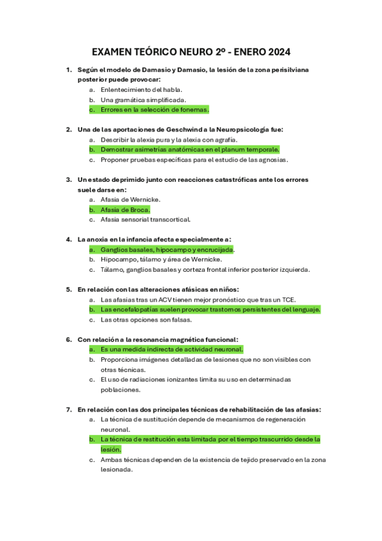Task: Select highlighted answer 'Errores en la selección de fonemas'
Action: pos(154,109)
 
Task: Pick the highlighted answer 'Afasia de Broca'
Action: pos(125,209)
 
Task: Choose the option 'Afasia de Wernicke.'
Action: pos(130,199)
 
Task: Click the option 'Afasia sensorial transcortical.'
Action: pos(145,219)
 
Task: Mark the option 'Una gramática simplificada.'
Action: pos(143,100)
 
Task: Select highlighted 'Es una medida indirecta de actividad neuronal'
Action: pos(172,350)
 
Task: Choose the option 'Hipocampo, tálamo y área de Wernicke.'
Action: pos(161,260)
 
